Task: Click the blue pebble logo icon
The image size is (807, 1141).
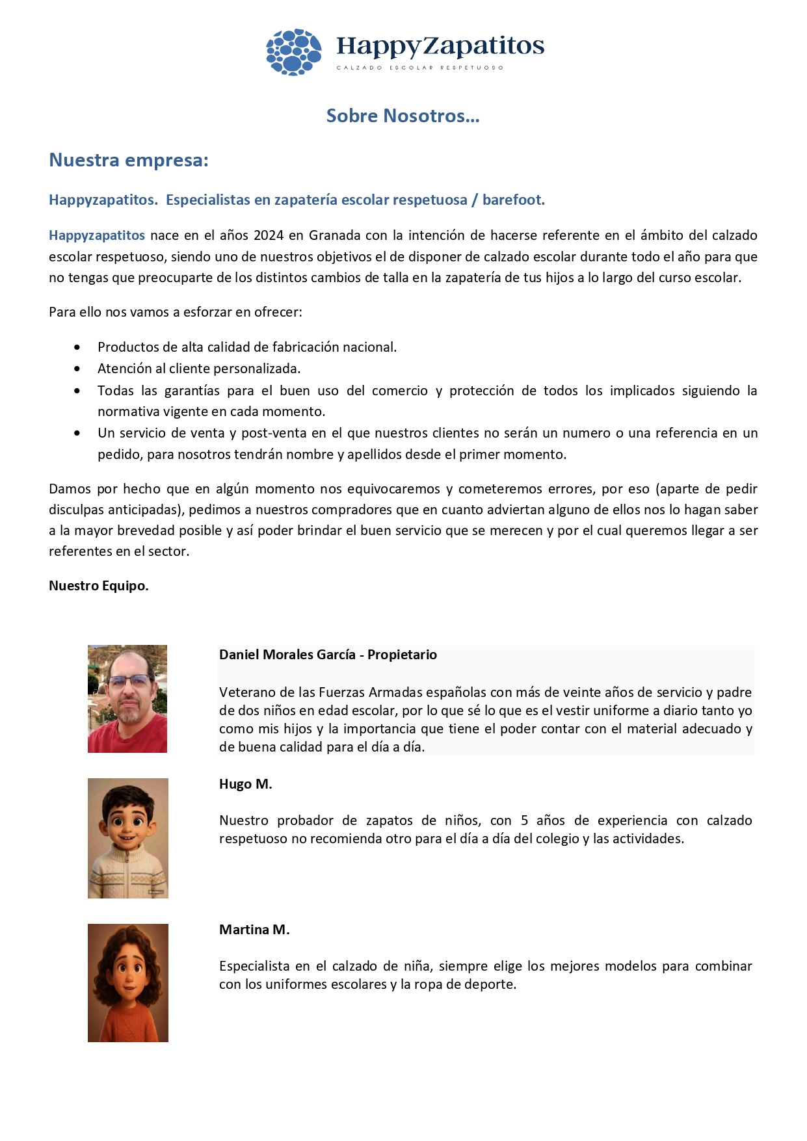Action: click(x=293, y=52)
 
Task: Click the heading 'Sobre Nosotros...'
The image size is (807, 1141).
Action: click(x=403, y=116)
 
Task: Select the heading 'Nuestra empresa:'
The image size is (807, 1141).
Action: click(x=129, y=160)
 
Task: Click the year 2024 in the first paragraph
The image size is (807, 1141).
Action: click(x=269, y=235)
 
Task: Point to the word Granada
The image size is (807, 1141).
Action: click(x=335, y=235)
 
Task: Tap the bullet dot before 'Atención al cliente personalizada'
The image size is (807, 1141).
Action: click(x=77, y=369)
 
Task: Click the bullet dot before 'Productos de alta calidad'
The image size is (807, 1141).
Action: click(x=77, y=347)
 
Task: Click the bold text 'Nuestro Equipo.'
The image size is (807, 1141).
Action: click(x=99, y=586)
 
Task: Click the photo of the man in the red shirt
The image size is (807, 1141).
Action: click(x=127, y=699)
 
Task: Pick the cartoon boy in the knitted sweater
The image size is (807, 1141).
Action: click(x=128, y=838)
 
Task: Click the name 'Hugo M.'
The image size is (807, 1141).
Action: click(x=245, y=784)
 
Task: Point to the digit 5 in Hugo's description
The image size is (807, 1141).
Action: click(x=524, y=820)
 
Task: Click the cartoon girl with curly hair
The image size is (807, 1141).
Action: click(x=128, y=982)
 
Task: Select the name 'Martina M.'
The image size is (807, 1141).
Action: click(x=254, y=930)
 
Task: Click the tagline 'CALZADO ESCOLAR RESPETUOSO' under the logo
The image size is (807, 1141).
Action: click(x=419, y=68)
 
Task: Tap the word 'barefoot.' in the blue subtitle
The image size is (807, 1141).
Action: click(x=513, y=200)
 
